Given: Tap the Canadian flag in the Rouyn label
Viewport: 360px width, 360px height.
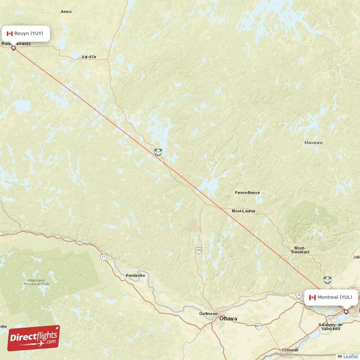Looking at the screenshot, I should [9, 33].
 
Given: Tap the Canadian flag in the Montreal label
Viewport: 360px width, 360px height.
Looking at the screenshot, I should [312, 297].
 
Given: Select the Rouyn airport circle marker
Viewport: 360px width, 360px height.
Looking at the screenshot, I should [13, 48].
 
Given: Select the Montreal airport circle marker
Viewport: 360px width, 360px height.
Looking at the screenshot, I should [346, 311].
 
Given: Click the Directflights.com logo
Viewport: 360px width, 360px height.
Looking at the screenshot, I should [33, 338].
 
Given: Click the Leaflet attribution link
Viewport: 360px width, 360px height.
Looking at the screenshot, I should [350, 356].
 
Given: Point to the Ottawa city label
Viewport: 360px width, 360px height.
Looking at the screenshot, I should [228, 319].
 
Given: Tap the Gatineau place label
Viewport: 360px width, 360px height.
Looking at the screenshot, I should [208, 314].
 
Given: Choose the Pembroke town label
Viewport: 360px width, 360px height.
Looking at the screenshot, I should [135, 275].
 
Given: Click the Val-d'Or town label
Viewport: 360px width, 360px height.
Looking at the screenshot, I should [89, 57].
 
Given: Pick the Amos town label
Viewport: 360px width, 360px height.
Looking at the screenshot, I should [66, 24].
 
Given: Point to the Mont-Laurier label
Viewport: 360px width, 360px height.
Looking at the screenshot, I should [243, 211].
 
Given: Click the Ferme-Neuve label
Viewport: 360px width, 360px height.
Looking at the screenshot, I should [247, 193].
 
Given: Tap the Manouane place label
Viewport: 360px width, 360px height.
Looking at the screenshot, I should [313, 143].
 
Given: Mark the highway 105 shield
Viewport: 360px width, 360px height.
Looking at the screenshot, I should [198, 250].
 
